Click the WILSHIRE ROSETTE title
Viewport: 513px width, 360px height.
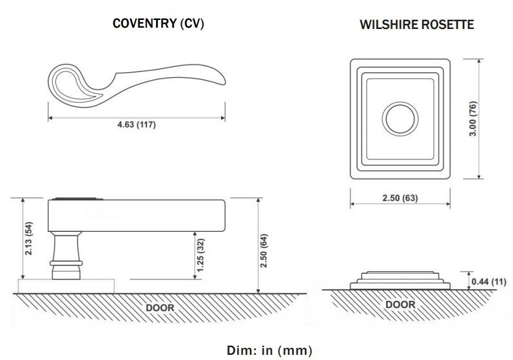(x=416, y=25)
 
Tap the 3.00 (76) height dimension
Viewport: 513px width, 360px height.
(x=491, y=119)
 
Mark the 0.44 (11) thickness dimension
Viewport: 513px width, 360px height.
(x=489, y=281)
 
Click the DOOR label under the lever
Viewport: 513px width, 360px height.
(x=160, y=307)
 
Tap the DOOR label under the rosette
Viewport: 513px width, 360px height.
(x=400, y=304)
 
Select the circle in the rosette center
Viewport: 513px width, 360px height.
(x=400, y=119)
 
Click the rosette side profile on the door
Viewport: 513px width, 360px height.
(x=400, y=280)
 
